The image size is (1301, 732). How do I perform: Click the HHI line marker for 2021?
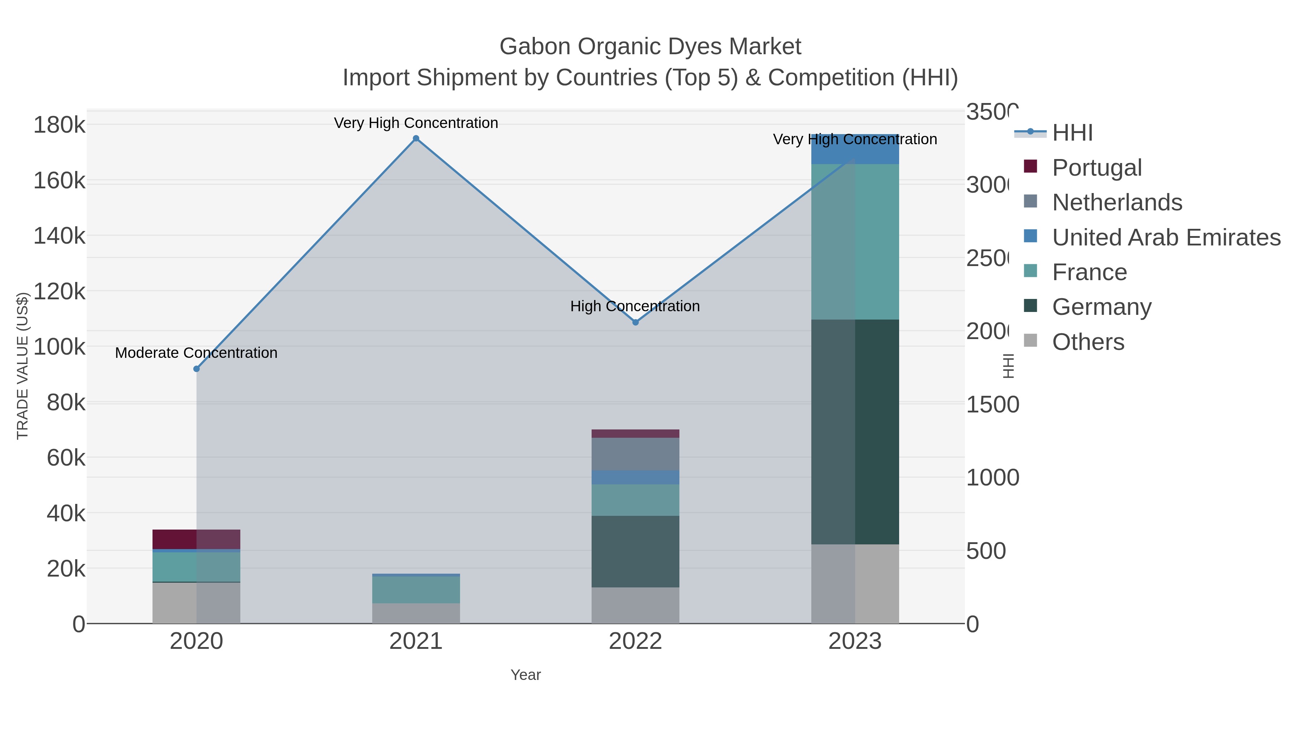(x=416, y=138)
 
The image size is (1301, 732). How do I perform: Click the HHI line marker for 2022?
(x=635, y=322)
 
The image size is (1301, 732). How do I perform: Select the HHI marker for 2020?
(x=197, y=369)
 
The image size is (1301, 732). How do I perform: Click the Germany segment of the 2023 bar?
(x=855, y=432)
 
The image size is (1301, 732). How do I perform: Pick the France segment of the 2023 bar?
(x=855, y=241)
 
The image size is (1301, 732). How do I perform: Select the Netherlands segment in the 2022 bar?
(x=635, y=454)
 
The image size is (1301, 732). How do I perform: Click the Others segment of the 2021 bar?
(x=416, y=613)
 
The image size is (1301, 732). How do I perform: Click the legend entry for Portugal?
(x=1096, y=168)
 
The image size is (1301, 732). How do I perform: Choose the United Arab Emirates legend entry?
(x=1165, y=237)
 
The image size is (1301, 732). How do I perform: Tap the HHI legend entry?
(x=1072, y=133)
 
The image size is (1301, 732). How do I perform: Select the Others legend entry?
(x=1088, y=342)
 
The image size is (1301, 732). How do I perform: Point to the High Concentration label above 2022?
(x=635, y=306)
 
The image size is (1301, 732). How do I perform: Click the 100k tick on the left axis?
(x=59, y=347)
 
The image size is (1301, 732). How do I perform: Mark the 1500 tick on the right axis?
(x=992, y=404)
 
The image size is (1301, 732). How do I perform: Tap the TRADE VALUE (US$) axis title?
(x=23, y=366)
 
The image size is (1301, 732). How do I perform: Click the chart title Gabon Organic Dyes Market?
(x=650, y=47)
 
